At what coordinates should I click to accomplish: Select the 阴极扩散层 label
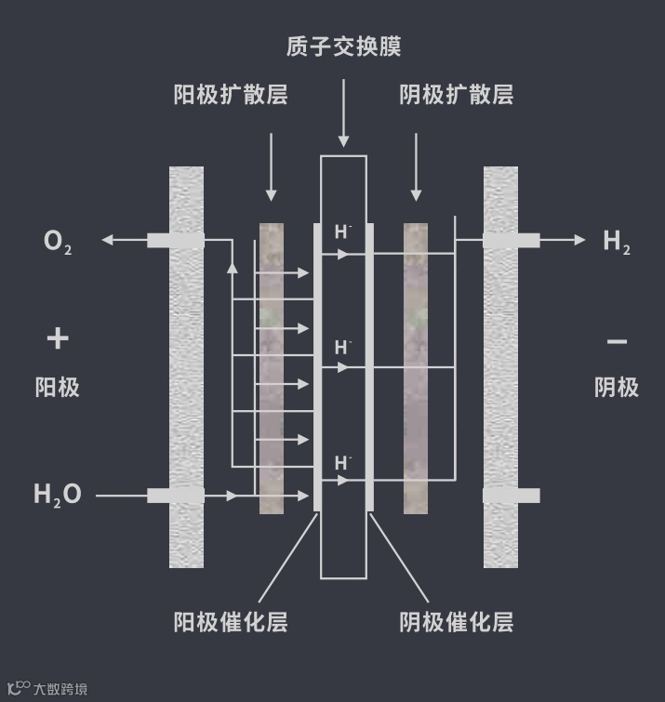click(x=456, y=95)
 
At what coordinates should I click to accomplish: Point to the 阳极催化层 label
click(x=231, y=621)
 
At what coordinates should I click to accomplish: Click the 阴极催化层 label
click(x=456, y=621)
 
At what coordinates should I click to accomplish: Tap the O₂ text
click(x=57, y=242)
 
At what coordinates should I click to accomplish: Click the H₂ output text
click(x=617, y=242)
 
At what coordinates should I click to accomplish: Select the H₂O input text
click(x=58, y=495)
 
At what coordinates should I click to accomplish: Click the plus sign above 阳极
click(x=58, y=338)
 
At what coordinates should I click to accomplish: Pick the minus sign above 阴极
click(x=617, y=341)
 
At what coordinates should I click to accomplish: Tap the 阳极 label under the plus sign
click(x=58, y=387)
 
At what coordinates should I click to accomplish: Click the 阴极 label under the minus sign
click(x=617, y=387)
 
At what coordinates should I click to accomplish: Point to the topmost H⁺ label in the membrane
click(x=343, y=232)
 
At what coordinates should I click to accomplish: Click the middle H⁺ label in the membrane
click(x=343, y=348)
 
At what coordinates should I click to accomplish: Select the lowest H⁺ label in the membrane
click(x=343, y=462)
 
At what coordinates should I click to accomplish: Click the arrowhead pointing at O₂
click(x=107, y=240)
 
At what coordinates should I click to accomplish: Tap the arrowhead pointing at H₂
click(x=580, y=240)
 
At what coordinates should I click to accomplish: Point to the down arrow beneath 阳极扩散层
click(x=271, y=195)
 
